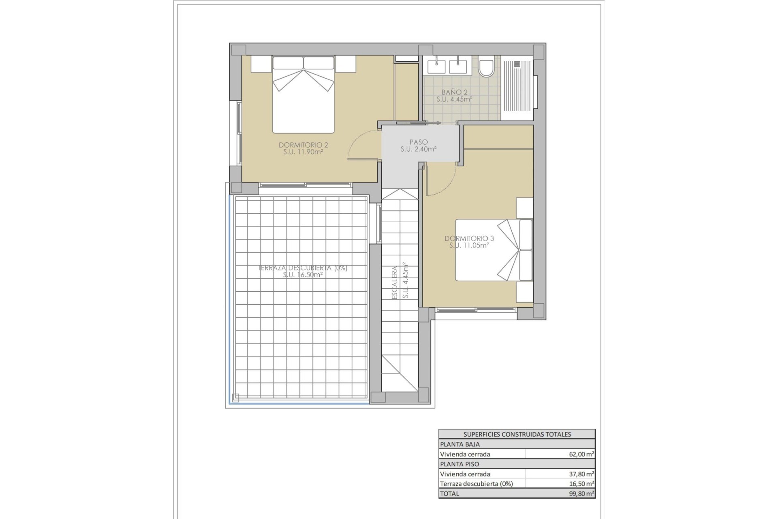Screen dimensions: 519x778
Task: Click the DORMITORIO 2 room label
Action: pyautogui.click(x=303, y=145)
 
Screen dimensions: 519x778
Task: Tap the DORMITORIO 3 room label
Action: pyautogui.click(x=469, y=238)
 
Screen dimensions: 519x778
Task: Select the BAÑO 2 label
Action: pyautogui.click(x=454, y=92)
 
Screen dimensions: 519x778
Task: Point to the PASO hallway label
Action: pyautogui.click(x=418, y=142)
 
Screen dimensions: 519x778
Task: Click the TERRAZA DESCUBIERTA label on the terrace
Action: pyautogui.click(x=303, y=268)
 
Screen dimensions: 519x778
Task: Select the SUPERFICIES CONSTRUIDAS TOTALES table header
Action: pyautogui.click(x=517, y=434)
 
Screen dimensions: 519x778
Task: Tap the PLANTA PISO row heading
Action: pyautogui.click(x=460, y=464)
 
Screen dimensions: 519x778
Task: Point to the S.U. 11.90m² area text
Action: pyautogui.click(x=303, y=152)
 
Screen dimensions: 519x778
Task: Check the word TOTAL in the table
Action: pyautogui.click(x=450, y=493)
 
